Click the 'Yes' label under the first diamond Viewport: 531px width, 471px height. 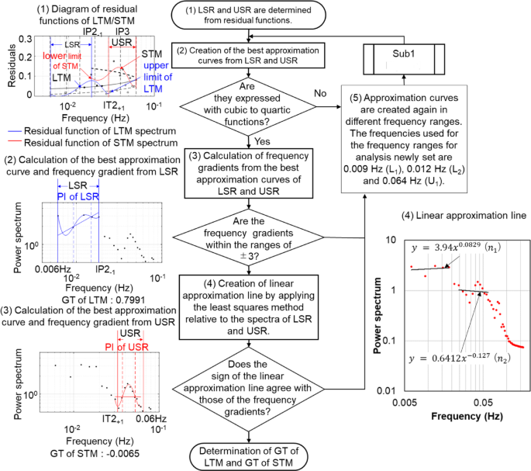260,142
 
